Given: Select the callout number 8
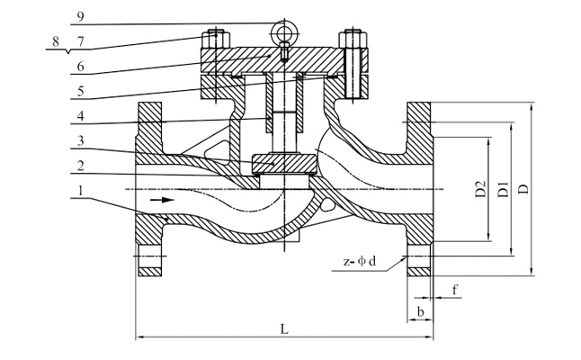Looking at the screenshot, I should (56, 40).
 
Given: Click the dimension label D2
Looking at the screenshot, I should (480, 190).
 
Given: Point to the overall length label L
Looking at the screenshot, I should (284, 329).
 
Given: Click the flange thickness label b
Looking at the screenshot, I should (420, 310).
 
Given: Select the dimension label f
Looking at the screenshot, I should (455, 290).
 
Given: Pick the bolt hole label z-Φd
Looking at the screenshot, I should (360, 262).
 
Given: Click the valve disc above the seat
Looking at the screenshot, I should (284, 163).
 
